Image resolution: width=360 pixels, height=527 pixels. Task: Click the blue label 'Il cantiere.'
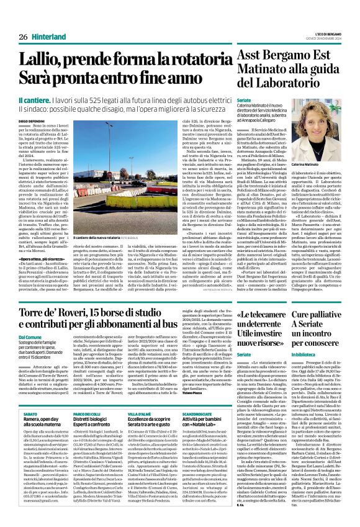click(x=37, y=99)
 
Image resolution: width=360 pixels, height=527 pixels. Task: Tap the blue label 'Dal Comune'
click(x=30, y=336)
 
